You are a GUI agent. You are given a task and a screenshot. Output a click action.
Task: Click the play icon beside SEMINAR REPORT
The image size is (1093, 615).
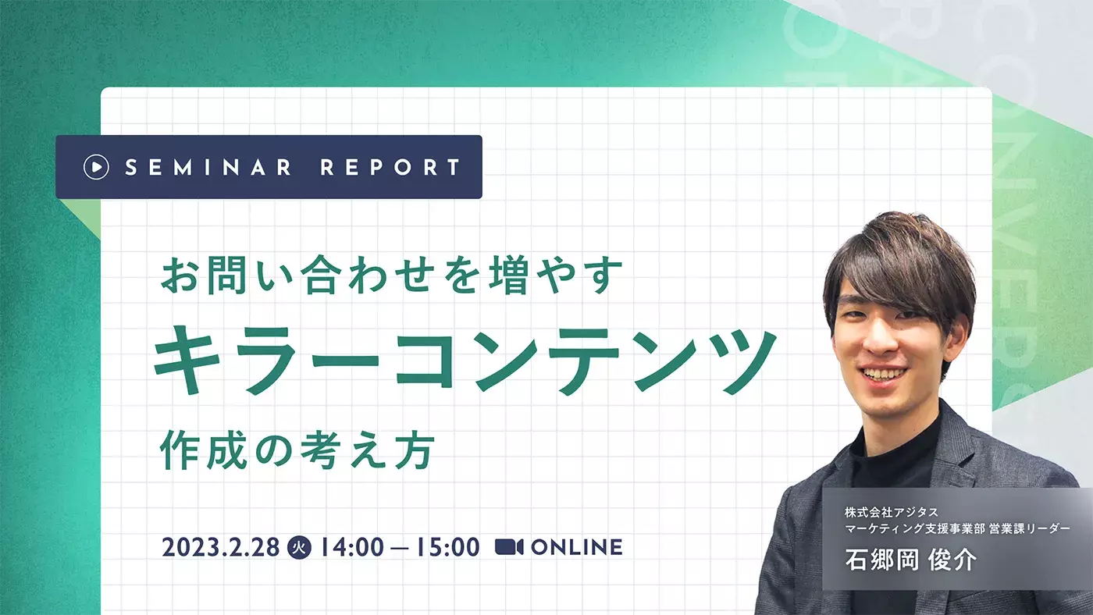[96, 167]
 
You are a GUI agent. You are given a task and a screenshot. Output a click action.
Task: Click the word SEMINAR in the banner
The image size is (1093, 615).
[208, 167]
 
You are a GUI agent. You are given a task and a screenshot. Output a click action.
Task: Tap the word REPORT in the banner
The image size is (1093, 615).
[390, 167]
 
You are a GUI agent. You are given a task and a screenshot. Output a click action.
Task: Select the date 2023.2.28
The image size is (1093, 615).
[220, 547]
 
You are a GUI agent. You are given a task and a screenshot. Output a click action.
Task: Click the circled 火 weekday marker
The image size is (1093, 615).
[299, 547]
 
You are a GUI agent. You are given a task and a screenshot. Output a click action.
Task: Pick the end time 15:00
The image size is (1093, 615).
[447, 547]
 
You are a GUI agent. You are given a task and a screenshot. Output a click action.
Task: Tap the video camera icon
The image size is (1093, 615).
[509, 547]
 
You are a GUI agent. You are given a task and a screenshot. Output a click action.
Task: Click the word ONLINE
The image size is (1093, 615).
[577, 547]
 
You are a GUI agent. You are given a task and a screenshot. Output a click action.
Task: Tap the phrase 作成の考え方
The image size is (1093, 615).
[297, 450]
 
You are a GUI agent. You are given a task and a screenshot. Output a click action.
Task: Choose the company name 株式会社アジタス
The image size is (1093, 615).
[892, 512]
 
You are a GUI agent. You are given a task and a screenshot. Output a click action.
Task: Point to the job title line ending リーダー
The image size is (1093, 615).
[957, 528]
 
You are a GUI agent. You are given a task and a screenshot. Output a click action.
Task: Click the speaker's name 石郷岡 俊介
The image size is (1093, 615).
[911, 559]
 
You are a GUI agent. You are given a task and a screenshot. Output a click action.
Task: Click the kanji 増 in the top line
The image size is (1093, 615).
[510, 275]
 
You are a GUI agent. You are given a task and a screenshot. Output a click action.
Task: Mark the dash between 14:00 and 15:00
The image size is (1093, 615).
[400, 548]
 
